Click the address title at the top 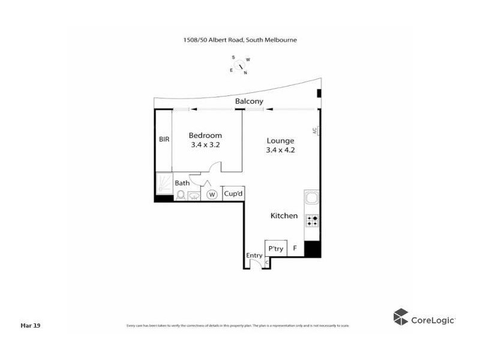click(x=240, y=40)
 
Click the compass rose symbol click(x=240, y=65)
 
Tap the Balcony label click(x=249, y=102)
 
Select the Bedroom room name click(x=205, y=136)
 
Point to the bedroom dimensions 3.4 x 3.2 click(x=205, y=145)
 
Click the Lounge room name click(x=280, y=141)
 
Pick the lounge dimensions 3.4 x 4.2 click(x=280, y=150)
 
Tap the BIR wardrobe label click(x=164, y=139)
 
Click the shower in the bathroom click(x=164, y=183)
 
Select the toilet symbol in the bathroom click(x=181, y=194)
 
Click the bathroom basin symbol click(x=194, y=195)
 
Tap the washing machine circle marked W click(x=211, y=194)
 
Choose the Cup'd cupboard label click(x=233, y=194)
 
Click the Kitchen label click(x=284, y=215)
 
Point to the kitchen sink click(x=312, y=199)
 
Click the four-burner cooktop click(x=312, y=220)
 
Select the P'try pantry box click(x=275, y=248)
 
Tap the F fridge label click(x=295, y=248)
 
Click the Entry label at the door click(x=254, y=256)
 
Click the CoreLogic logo click(x=424, y=318)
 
